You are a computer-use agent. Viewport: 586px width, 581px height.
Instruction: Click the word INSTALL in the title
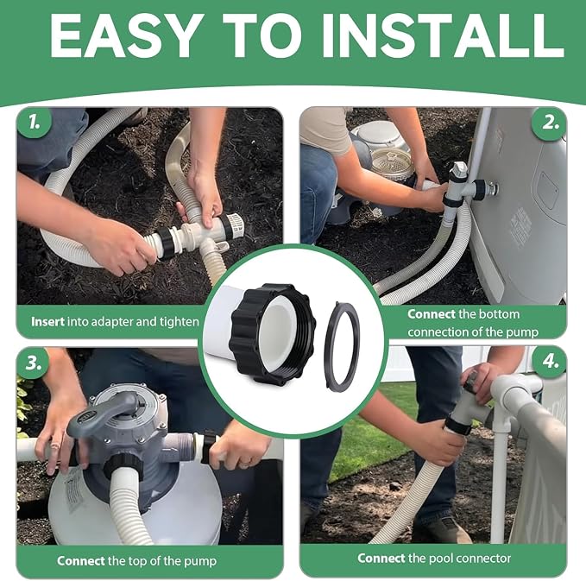(444, 36)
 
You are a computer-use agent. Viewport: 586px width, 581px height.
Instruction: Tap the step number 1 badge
(35, 123)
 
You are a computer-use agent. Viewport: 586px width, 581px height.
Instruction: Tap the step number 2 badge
(550, 123)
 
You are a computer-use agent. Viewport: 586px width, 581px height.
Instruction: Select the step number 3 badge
(34, 363)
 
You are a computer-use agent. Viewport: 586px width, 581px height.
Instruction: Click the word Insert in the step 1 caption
(47, 322)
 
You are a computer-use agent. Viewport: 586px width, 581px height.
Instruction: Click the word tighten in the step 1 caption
(180, 322)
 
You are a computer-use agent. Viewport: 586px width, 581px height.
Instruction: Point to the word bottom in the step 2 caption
(500, 314)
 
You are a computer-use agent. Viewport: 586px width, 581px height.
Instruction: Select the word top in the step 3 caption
(136, 561)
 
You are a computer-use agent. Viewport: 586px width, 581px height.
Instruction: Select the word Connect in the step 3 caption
(81, 561)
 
